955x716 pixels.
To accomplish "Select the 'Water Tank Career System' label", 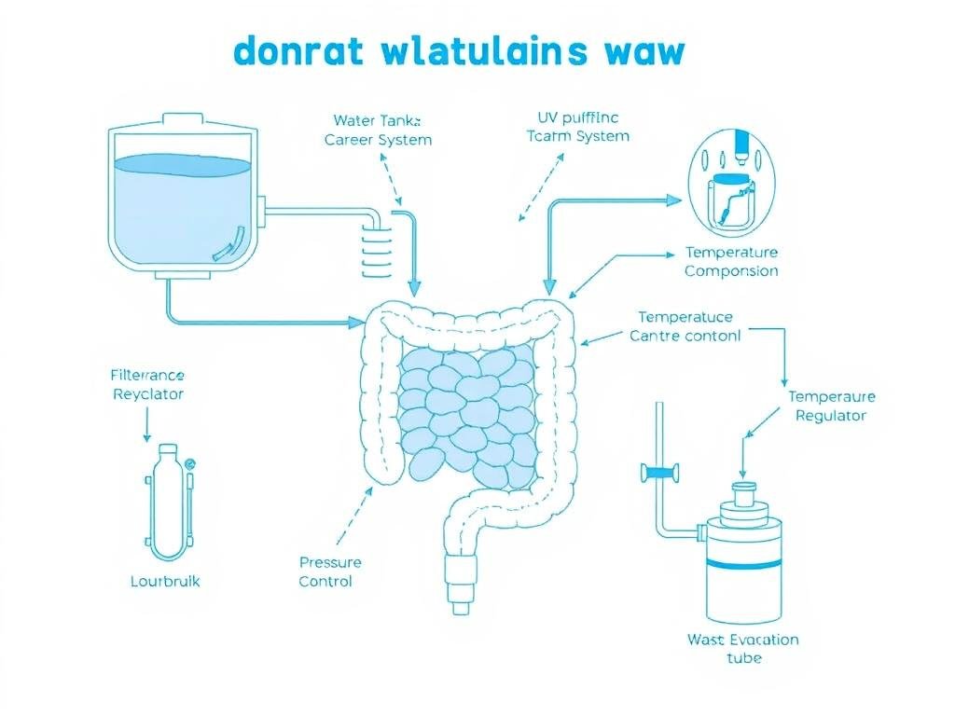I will (x=378, y=130).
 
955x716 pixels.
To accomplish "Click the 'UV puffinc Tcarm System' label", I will (x=578, y=127).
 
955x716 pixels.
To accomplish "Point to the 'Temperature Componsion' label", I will (x=731, y=262).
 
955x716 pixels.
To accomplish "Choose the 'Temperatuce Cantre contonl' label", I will (x=685, y=326).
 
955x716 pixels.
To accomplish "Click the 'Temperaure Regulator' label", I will (x=831, y=406).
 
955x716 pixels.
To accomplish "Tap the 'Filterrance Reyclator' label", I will (x=147, y=384).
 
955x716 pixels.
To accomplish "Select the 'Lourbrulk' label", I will (x=165, y=581).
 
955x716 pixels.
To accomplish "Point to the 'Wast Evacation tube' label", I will (x=743, y=648).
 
